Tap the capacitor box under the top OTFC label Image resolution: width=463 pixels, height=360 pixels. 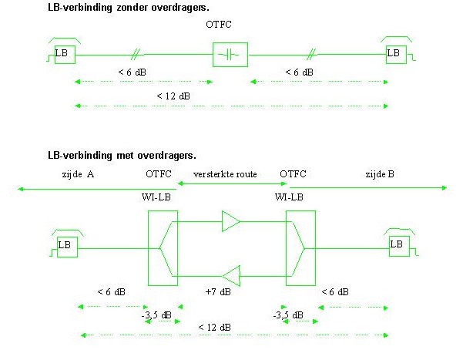click(x=230, y=54)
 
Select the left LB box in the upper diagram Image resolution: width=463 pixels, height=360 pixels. click(x=62, y=53)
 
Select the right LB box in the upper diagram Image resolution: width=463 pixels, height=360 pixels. click(x=394, y=53)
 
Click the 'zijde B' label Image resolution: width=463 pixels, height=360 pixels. click(x=380, y=174)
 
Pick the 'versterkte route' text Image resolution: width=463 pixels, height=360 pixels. click(x=225, y=174)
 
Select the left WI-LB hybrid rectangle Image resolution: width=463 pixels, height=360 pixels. click(x=162, y=247)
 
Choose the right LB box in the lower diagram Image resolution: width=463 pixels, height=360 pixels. click(x=397, y=245)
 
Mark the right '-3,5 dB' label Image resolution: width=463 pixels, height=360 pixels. click(x=288, y=315)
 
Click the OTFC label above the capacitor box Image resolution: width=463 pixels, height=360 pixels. click(x=219, y=25)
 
